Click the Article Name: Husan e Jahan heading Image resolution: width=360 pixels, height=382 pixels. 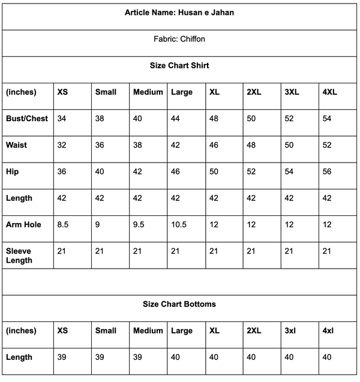[x=179, y=13]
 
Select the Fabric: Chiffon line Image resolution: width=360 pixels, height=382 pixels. [x=179, y=39]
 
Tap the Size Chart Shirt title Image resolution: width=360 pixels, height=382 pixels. [x=179, y=65]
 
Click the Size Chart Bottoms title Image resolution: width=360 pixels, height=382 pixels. [x=179, y=304]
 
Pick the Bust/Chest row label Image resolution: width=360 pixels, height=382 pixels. [x=27, y=118]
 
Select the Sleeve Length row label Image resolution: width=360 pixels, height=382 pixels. [x=19, y=255]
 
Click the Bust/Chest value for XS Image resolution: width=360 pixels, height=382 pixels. [x=62, y=118]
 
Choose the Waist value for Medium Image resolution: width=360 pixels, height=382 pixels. [x=137, y=145]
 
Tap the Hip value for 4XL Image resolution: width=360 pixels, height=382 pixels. [x=327, y=172]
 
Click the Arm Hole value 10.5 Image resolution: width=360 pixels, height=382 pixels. [x=179, y=225]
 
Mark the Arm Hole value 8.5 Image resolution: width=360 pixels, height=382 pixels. [x=63, y=225]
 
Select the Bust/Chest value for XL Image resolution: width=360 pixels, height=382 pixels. [x=214, y=118]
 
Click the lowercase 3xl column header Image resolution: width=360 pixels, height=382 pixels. [x=291, y=330]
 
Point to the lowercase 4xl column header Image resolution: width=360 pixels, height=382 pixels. [x=328, y=330]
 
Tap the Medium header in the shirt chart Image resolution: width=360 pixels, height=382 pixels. [x=148, y=92]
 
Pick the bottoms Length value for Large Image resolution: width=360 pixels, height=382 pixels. [x=176, y=357]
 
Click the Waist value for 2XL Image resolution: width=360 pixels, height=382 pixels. [x=251, y=145]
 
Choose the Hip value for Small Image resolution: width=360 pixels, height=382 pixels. [x=100, y=172]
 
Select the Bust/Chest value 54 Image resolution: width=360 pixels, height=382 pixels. [x=327, y=118]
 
